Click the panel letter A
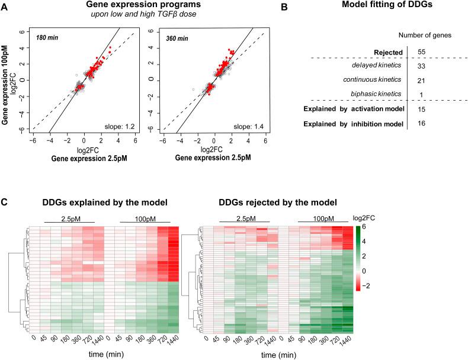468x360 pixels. [x=5, y=8]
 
